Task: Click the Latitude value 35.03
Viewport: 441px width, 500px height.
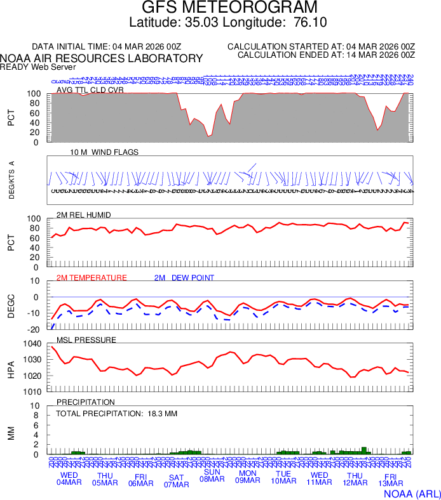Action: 201,23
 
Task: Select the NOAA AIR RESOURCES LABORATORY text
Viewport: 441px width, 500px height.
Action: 102,58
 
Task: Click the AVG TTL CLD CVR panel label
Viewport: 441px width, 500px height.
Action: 90,90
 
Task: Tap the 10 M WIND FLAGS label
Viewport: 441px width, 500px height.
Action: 104,152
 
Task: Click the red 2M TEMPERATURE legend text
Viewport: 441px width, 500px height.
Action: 92,278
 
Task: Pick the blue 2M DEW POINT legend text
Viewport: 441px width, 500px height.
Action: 184,278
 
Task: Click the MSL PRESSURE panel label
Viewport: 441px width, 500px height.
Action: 86,340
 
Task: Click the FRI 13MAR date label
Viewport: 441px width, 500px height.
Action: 391,480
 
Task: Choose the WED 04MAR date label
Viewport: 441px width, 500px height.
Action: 69,480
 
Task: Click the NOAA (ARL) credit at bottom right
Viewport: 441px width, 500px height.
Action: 411,493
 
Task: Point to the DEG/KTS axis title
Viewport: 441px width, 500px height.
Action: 11,180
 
